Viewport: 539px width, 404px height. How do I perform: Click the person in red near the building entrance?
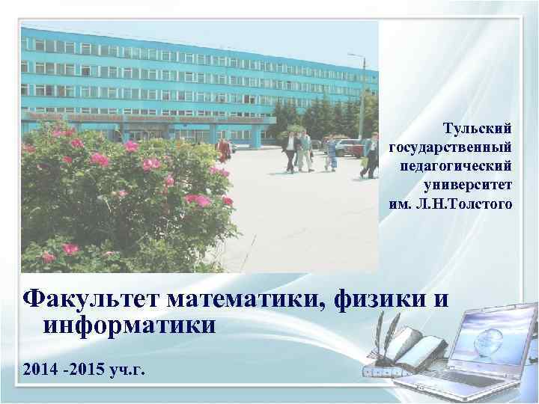(x=222, y=150)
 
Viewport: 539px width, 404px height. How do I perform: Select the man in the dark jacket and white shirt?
(x=290, y=150)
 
